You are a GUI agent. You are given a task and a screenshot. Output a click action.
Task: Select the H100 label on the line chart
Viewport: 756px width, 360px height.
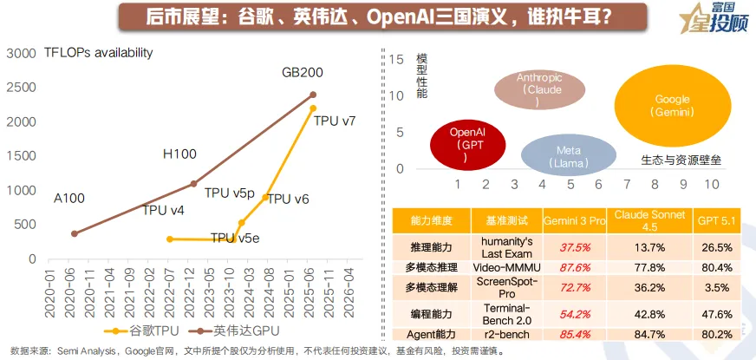click(x=179, y=154)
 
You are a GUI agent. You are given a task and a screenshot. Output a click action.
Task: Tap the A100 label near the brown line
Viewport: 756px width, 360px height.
click(x=69, y=199)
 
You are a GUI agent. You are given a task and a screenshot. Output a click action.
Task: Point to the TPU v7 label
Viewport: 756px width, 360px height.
click(x=335, y=121)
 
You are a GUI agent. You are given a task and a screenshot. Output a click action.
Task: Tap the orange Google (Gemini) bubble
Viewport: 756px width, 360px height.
click(x=672, y=107)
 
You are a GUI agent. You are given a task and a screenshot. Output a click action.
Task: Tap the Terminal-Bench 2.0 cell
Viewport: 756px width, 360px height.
click(x=505, y=314)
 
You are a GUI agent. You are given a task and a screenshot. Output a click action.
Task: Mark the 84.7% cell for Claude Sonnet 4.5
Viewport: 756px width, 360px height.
click(x=647, y=335)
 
